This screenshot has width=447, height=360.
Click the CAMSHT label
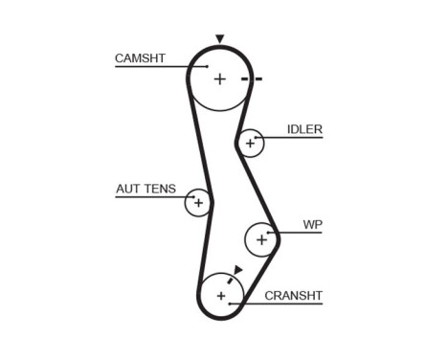pos(140,58)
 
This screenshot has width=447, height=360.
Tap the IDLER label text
pos(304,129)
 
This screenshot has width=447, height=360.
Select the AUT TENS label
pos(145,189)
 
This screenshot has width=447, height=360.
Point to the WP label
pos(313,225)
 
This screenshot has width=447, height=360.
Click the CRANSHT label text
pos(293,295)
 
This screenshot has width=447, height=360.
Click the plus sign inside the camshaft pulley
pos(220,79)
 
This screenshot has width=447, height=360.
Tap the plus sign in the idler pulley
pos(250,144)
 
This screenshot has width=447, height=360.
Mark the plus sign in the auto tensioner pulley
pos(198,203)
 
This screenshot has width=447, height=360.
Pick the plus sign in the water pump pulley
pos(261,240)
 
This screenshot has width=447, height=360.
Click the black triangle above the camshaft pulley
pos(220,39)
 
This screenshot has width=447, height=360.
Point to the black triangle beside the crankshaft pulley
pos(237,271)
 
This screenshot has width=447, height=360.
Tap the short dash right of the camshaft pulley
pos(258,79)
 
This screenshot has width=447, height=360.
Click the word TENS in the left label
pos(160,189)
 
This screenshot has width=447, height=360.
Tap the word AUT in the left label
pos(127,189)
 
